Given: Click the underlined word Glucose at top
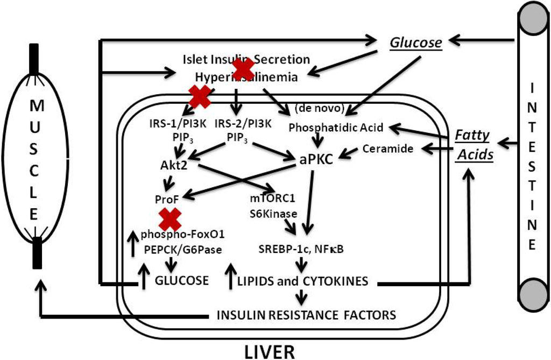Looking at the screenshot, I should [x=416, y=42].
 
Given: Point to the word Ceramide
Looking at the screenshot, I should [x=388, y=148].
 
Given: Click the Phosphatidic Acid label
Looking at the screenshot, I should [x=336, y=128].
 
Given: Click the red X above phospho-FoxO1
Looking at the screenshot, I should [x=170, y=219].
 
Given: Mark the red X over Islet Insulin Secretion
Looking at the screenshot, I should [x=243, y=68].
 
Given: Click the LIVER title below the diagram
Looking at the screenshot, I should [x=270, y=351].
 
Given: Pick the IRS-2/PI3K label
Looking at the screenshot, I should [x=243, y=123].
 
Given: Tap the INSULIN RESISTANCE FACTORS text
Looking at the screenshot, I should [x=306, y=314].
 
